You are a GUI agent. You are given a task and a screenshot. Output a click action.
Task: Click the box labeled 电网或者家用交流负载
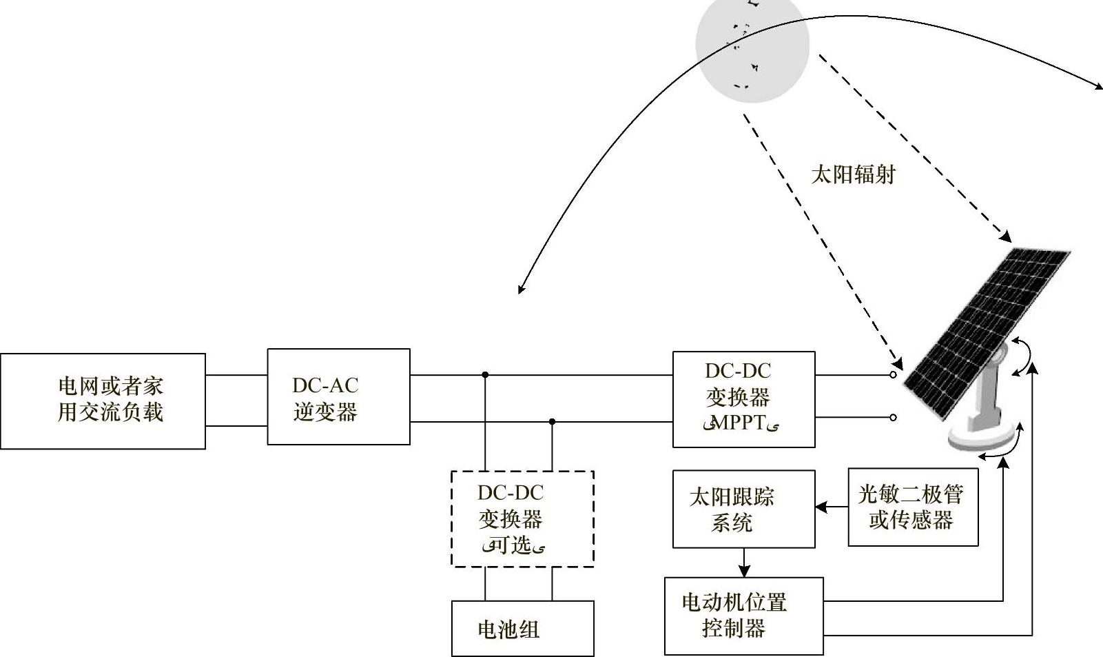click(x=103, y=401)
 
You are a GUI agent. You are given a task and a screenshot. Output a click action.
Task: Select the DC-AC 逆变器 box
click(x=338, y=396)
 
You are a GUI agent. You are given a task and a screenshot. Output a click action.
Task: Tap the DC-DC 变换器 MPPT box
click(x=743, y=399)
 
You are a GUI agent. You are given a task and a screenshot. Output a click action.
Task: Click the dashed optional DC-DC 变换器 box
click(x=522, y=518)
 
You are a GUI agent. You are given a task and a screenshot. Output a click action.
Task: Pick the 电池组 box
click(x=522, y=628)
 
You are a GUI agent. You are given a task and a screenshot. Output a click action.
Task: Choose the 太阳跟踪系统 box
click(x=743, y=509)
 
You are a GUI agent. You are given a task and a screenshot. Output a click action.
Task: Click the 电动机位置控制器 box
click(x=743, y=616)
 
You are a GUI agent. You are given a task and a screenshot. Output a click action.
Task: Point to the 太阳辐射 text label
click(x=853, y=174)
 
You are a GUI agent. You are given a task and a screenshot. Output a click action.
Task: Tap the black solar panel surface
click(x=985, y=331)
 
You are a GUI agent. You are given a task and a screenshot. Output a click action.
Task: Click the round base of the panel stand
click(x=984, y=436)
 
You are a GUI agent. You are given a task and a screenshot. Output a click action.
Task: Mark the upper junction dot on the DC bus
click(x=485, y=375)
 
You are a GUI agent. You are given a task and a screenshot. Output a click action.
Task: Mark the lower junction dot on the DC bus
click(x=552, y=421)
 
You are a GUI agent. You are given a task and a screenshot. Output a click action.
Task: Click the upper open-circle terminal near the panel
click(x=893, y=375)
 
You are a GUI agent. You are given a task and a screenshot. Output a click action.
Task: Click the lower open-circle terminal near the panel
click(x=893, y=417)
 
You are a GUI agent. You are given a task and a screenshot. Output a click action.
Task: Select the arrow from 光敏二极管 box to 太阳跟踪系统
click(x=831, y=507)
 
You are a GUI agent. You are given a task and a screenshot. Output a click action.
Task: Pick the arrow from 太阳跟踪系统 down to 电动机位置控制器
click(x=743, y=563)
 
